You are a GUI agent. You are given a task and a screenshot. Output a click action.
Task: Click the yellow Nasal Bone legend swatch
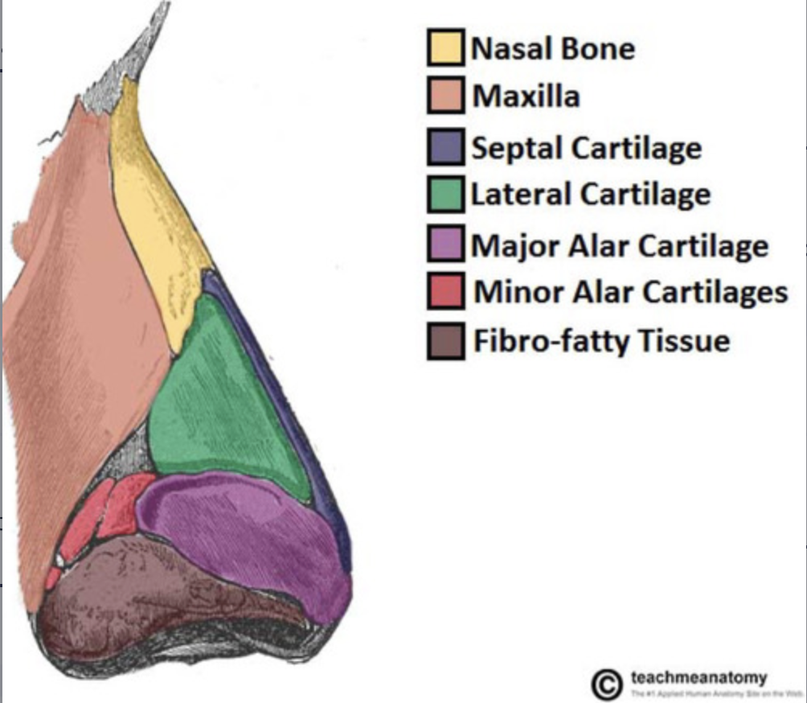coord(444,48)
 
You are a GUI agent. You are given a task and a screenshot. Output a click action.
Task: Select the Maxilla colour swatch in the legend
coord(444,97)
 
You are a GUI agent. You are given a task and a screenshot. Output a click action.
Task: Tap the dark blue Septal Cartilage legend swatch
coord(444,147)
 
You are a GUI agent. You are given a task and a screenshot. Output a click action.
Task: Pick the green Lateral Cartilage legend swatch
coord(444,195)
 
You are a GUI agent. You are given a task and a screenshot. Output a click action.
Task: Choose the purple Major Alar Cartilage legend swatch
coord(444,244)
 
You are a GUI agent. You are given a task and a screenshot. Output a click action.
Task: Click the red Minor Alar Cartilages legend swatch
coord(444,291)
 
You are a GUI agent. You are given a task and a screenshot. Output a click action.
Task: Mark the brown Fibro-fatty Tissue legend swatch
coord(444,341)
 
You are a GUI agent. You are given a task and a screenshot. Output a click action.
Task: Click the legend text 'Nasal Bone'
coord(553,48)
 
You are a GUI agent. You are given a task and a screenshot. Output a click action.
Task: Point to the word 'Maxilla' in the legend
coord(526,97)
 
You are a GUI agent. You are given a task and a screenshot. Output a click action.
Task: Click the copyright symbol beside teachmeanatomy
coord(607,684)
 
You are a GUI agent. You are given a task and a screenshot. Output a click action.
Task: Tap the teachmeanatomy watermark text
coord(698,677)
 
